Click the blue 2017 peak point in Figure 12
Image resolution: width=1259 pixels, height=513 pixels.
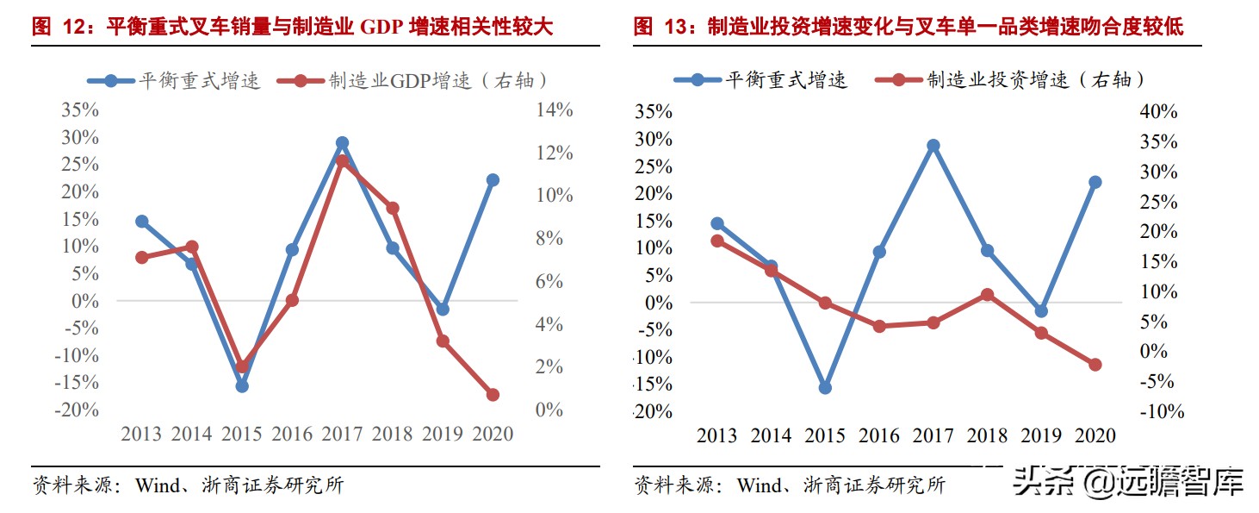click(x=342, y=143)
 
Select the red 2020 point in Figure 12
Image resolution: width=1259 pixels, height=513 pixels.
click(x=493, y=395)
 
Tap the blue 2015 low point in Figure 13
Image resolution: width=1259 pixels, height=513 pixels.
click(x=825, y=388)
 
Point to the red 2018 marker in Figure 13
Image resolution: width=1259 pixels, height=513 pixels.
click(x=987, y=295)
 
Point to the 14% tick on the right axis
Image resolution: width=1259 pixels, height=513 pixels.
click(x=554, y=110)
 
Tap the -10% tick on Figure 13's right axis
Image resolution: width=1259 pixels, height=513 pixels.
click(x=1161, y=412)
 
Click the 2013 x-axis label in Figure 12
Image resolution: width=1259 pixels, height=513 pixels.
click(x=141, y=434)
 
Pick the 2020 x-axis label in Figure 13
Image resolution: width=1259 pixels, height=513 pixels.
click(x=1095, y=435)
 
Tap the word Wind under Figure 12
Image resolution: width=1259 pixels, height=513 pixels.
click(x=156, y=485)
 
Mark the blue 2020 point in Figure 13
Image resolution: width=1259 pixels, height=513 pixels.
click(x=1095, y=183)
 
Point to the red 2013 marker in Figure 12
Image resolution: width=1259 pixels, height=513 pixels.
click(x=142, y=258)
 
